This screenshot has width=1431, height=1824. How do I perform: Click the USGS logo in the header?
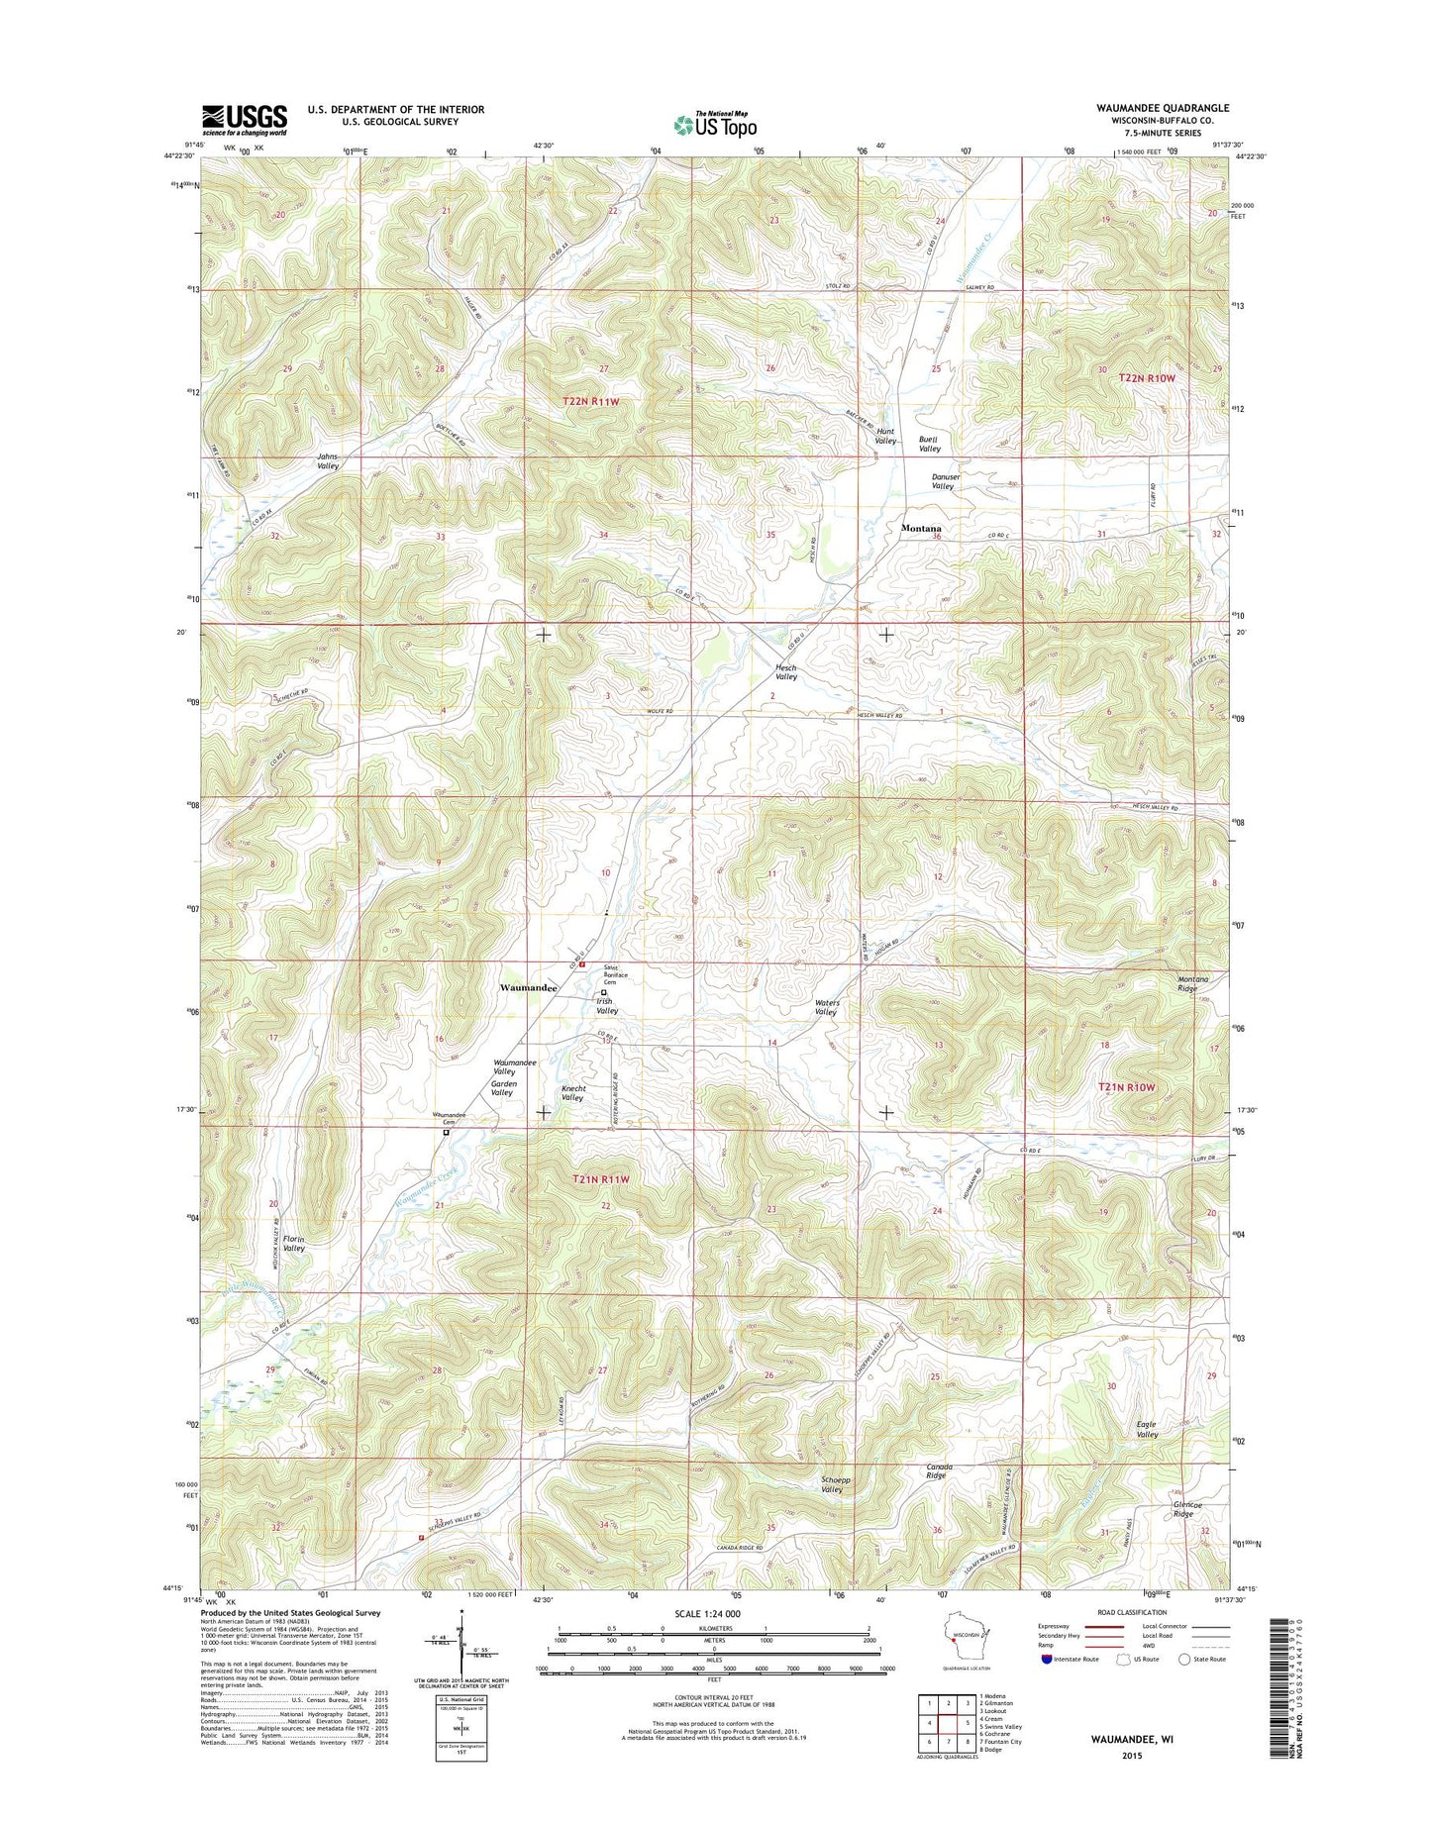click(245, 120)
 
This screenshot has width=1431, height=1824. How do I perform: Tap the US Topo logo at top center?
click(715, 124)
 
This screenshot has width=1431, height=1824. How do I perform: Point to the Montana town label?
click(920, 529)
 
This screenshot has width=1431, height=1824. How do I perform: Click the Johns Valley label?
click(328, 460)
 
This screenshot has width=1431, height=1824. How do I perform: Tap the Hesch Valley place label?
click(785, 672)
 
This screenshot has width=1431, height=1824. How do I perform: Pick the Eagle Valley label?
click(1147, 1429)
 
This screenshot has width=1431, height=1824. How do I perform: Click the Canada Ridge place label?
click(939, 1470)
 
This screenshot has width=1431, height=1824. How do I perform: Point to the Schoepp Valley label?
click(832, 1484)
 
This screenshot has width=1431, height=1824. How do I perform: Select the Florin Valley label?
click(294, 1244)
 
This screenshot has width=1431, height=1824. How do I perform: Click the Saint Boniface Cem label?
click(616, 975)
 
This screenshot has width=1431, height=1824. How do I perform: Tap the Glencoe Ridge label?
click(1183, 1509)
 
